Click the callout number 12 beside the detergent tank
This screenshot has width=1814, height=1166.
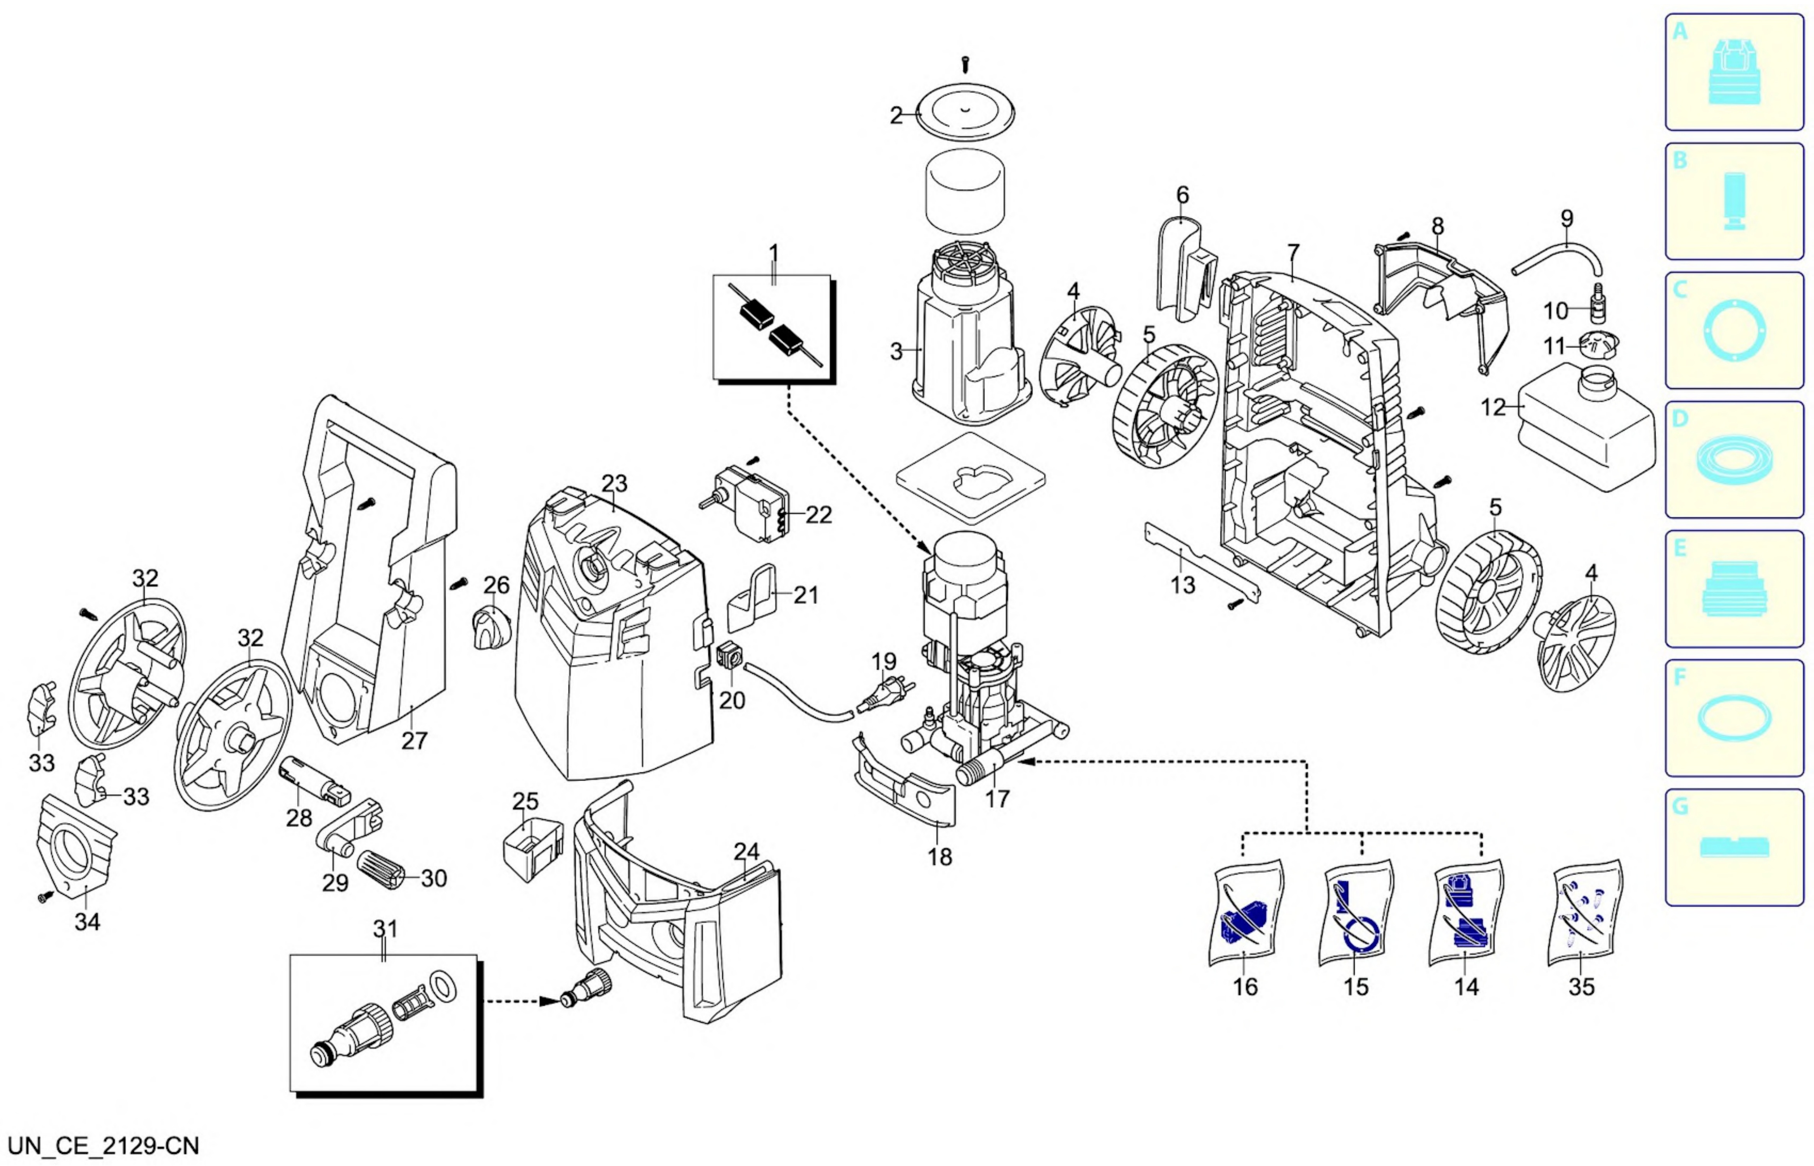pos(1493,407)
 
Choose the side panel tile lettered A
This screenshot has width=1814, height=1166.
pos(1733,72)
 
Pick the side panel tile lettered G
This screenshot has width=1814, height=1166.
pos(1733,847)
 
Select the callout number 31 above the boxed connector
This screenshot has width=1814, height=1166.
pos(385,928)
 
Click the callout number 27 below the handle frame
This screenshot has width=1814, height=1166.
pos(414,740)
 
